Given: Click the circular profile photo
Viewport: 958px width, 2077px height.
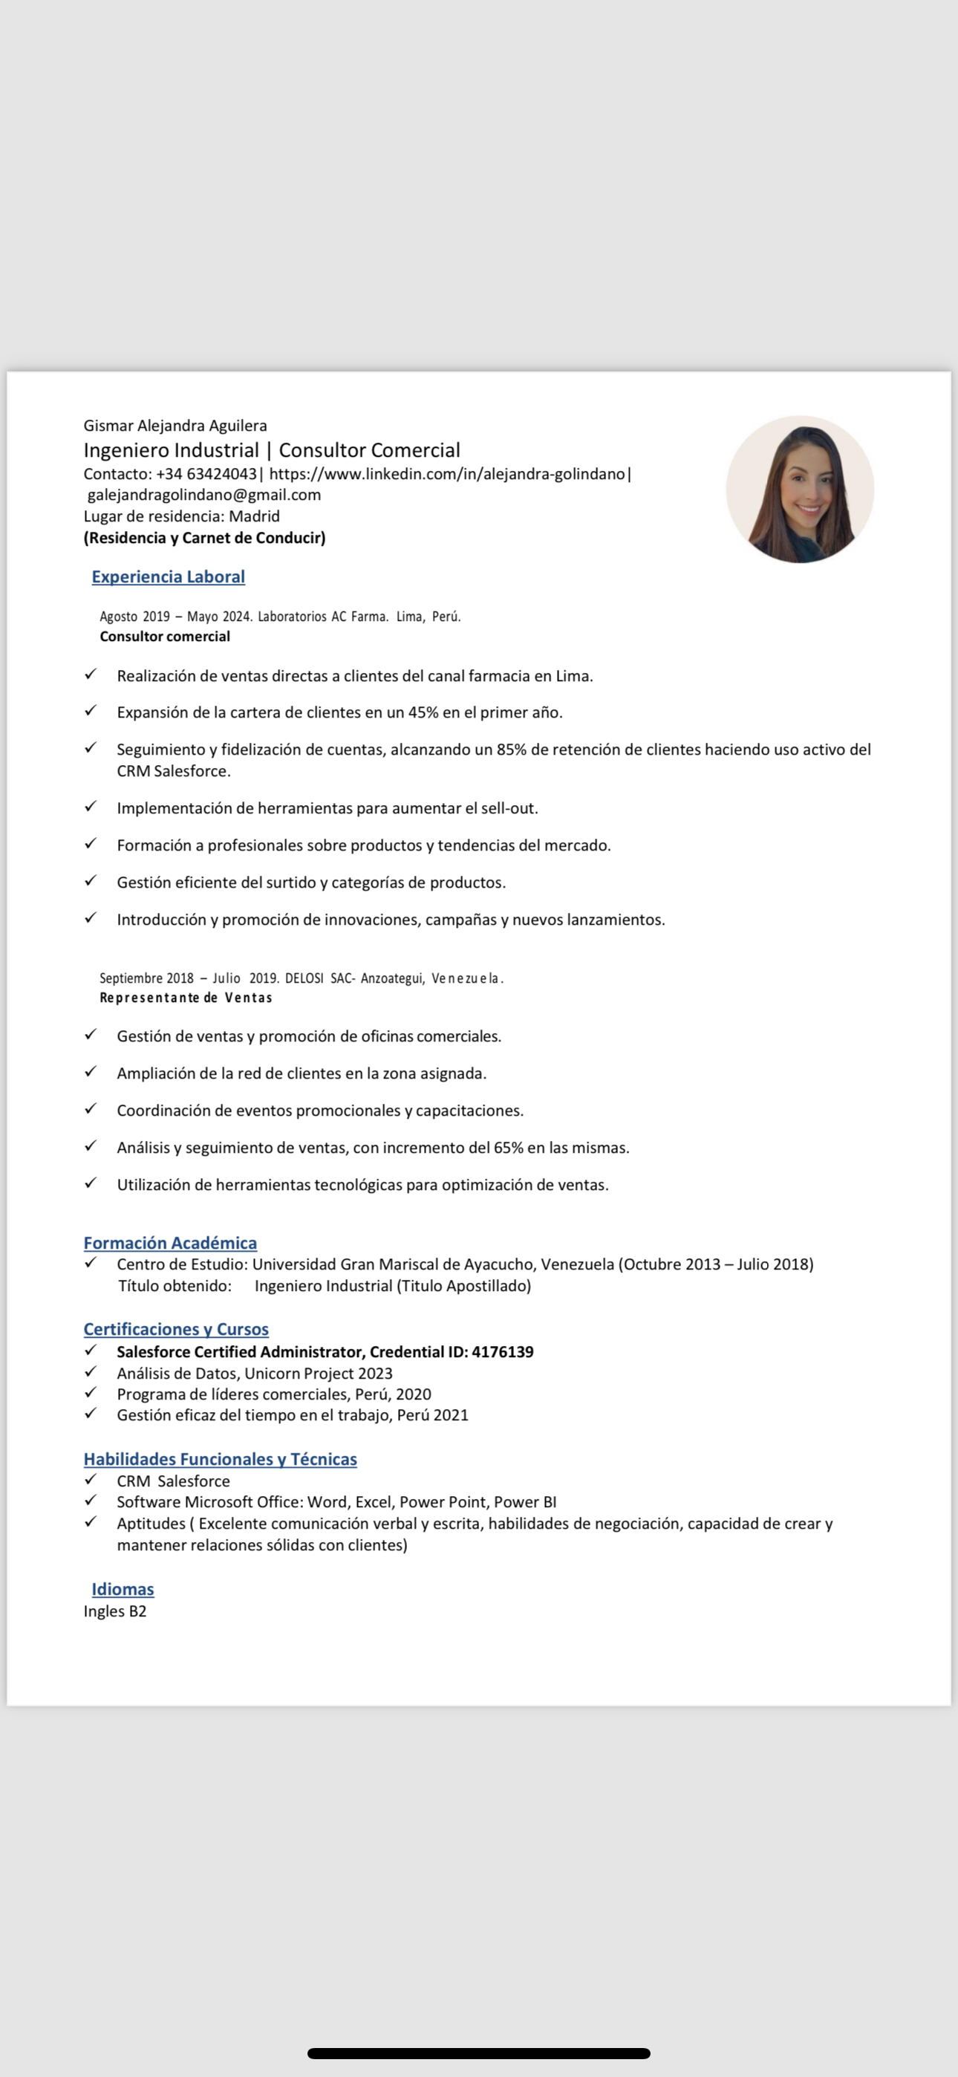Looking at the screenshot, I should [x=799, y=490].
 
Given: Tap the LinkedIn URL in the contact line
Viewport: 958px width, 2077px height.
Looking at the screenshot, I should [x=447, y=474].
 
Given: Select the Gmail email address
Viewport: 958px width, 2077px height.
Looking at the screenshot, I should [x=204, y=495].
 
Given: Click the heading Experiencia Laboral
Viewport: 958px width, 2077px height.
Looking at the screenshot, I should [x=169, y=576].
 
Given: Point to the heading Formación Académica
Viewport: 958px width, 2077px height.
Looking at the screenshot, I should [x=170, y=1243].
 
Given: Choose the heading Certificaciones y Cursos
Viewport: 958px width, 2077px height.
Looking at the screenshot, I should [x=176, y=1329].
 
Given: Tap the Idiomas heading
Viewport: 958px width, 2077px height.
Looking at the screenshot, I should [x=123, y=1589].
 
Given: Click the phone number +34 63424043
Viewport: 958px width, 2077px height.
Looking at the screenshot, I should [x=206, y=474].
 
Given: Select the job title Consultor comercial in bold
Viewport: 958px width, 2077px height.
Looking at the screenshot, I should [x=166, y=636].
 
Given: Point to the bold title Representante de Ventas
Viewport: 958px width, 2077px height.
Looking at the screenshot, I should [x=186, y=998].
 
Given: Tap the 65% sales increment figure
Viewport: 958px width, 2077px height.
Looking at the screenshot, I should [x=508, y=1148].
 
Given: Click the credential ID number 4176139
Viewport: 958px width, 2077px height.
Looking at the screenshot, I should [x=502, y=1351].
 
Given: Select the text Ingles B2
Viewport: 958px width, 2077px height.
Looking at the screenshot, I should [x=115, y=1611].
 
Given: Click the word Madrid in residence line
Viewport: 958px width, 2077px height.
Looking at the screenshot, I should [x=254, y=516].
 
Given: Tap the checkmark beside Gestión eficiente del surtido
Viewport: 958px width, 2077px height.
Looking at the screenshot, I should [x=91, y=880].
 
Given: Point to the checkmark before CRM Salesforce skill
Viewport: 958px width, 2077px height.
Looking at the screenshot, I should [x=91, y=1480].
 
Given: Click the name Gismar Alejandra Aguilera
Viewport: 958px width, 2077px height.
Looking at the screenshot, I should [x=175, y=426].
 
